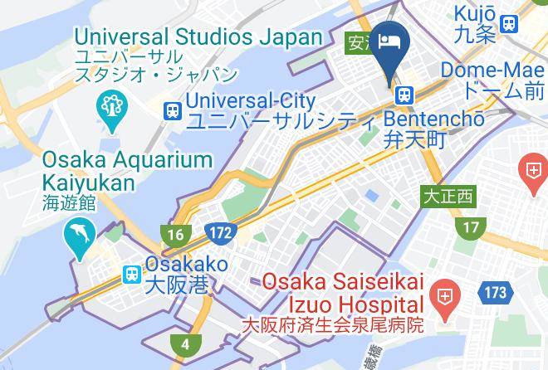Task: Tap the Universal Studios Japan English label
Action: pos(198,37)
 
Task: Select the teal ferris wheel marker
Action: pos(110,106)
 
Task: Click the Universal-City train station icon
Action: pos(172,110)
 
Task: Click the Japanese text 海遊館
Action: pos(71,202)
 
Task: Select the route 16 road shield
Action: pos(175,235)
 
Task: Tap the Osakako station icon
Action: pos(131,274)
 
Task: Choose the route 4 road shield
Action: pos(184,344)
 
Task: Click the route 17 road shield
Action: pos(472,226)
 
